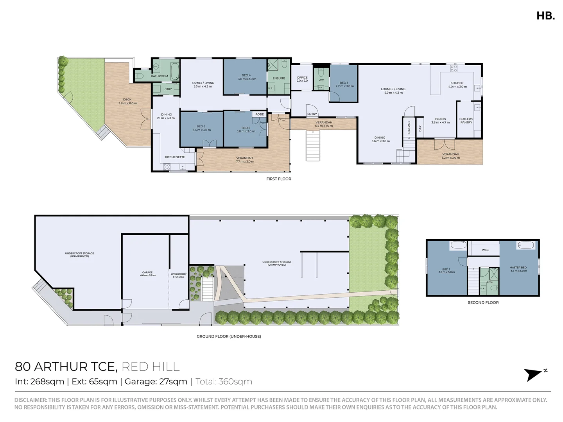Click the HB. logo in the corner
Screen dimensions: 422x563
[545, 16]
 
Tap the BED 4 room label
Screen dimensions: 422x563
[246, 77]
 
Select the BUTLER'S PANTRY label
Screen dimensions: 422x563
[466, 121]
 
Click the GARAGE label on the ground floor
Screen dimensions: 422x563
[147, 274]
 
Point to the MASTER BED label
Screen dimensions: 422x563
[518, 269]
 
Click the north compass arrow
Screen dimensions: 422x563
[534, 374]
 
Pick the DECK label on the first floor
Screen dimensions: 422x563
[127, 101]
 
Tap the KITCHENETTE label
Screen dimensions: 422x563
[175, 157]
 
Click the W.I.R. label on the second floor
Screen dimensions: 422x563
[485, 250]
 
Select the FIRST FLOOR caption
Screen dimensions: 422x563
[279, 179]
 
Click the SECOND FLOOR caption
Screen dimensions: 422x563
[483, 302]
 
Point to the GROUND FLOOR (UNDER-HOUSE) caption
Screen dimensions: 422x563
[229, 336]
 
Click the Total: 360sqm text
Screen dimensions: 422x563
[224, 382]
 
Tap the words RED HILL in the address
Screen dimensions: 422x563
[151, 367]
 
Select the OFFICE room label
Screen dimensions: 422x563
[302, 79]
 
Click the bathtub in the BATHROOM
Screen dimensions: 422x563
[175, 71]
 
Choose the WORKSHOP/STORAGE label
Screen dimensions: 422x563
[179, 275]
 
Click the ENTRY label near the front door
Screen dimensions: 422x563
[312, 114]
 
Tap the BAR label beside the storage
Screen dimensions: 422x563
[420, 128]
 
